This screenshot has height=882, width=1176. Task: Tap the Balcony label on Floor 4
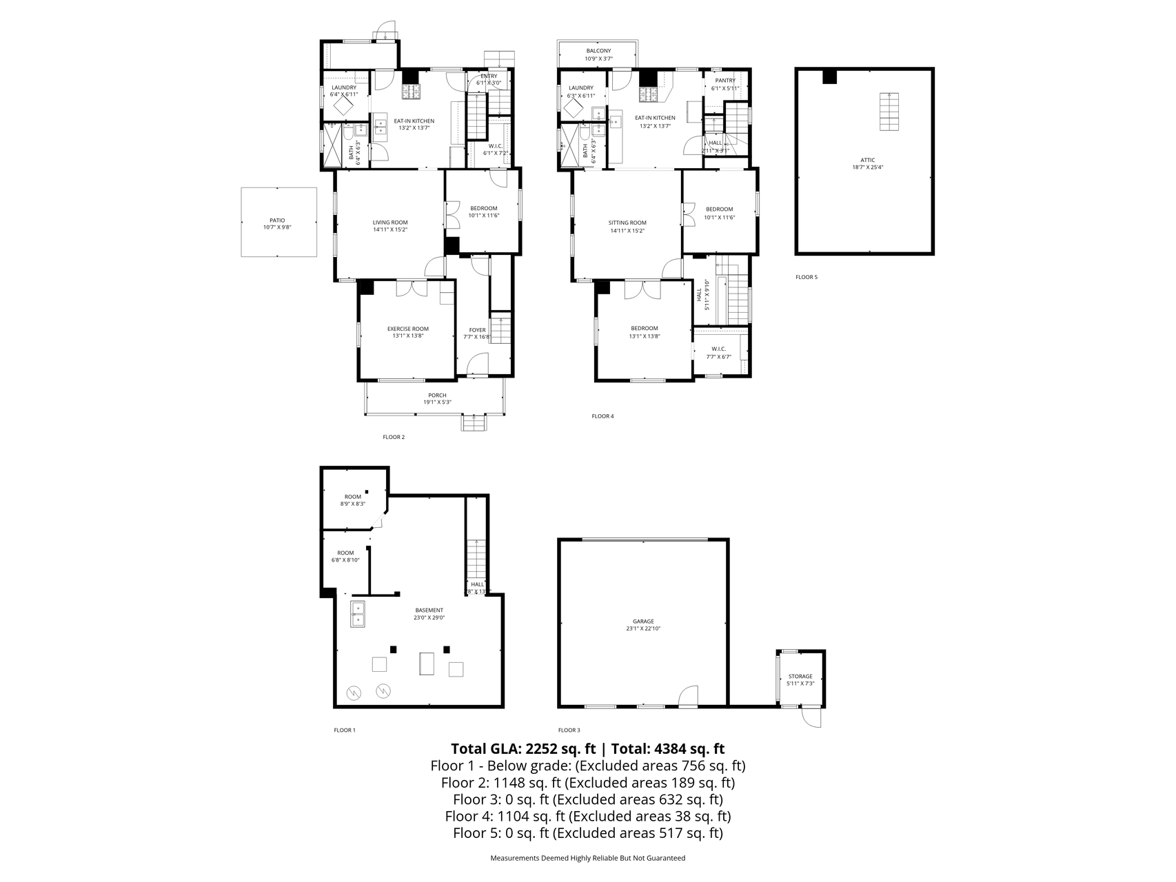click(598, 51)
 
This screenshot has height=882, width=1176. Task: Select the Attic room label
click(867, 160)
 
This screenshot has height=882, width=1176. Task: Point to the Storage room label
click(800, 676)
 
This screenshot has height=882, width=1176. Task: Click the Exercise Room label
click(407, 329)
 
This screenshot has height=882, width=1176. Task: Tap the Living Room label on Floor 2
click(390, 223)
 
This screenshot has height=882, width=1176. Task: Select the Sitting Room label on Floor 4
click(627, 223)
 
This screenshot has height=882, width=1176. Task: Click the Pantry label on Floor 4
click(724, 81)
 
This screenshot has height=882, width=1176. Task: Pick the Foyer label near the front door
click(477, 330)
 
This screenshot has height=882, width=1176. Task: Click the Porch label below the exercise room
click(437, 396)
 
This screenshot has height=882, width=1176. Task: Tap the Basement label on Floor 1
click(429, 610)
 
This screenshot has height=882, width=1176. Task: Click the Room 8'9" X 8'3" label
click(352, 497)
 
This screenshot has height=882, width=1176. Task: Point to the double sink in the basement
click(358, 614)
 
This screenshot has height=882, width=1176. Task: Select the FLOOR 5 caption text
click(806, 277)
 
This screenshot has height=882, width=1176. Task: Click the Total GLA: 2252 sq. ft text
click(523, 749)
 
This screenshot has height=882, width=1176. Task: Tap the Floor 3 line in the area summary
click(587, 799)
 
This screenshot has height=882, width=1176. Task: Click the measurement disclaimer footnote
click(587, 858)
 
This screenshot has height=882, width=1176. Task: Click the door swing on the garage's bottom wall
click(689, 696)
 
